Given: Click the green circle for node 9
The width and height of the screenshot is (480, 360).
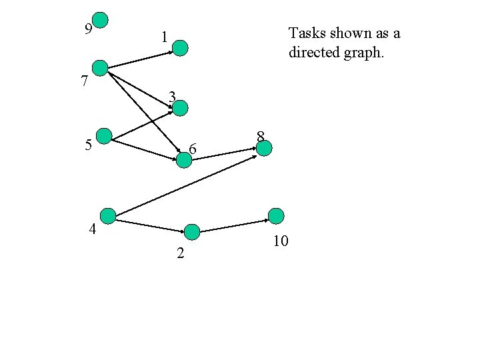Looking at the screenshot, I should [x=100, y=20].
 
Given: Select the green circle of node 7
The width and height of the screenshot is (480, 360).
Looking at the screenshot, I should [x=100, y=67].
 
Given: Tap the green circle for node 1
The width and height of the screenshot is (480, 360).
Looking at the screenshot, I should [x=181, y=47].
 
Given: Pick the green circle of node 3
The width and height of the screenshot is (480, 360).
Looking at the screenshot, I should [x=180, y=108].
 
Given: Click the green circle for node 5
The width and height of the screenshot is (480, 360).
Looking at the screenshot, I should [x=104, y=136].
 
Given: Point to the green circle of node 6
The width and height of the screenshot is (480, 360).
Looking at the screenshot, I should [x=183, y=159].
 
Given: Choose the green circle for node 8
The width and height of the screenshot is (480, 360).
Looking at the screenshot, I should [x=264, y=148].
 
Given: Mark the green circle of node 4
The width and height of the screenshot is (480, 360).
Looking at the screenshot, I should [x=107, y=215].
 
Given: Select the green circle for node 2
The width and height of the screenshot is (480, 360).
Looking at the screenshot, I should [x=192, y=232].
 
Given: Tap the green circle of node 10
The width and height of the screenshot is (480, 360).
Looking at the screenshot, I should [x=276, y=215].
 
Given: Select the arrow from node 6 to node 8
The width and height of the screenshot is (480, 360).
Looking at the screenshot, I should [x=224, y=154].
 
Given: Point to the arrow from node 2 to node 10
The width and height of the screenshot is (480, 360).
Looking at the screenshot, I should [x=234, y=225].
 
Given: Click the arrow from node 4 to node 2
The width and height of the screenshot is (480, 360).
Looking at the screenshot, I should [x=150, y=225].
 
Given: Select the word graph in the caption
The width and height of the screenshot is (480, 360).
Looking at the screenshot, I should [x=365, y=52].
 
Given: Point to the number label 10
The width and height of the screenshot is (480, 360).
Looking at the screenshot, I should [x=281, y=241].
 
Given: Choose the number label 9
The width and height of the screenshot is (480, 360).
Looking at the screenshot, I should [x=88, y=28].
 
